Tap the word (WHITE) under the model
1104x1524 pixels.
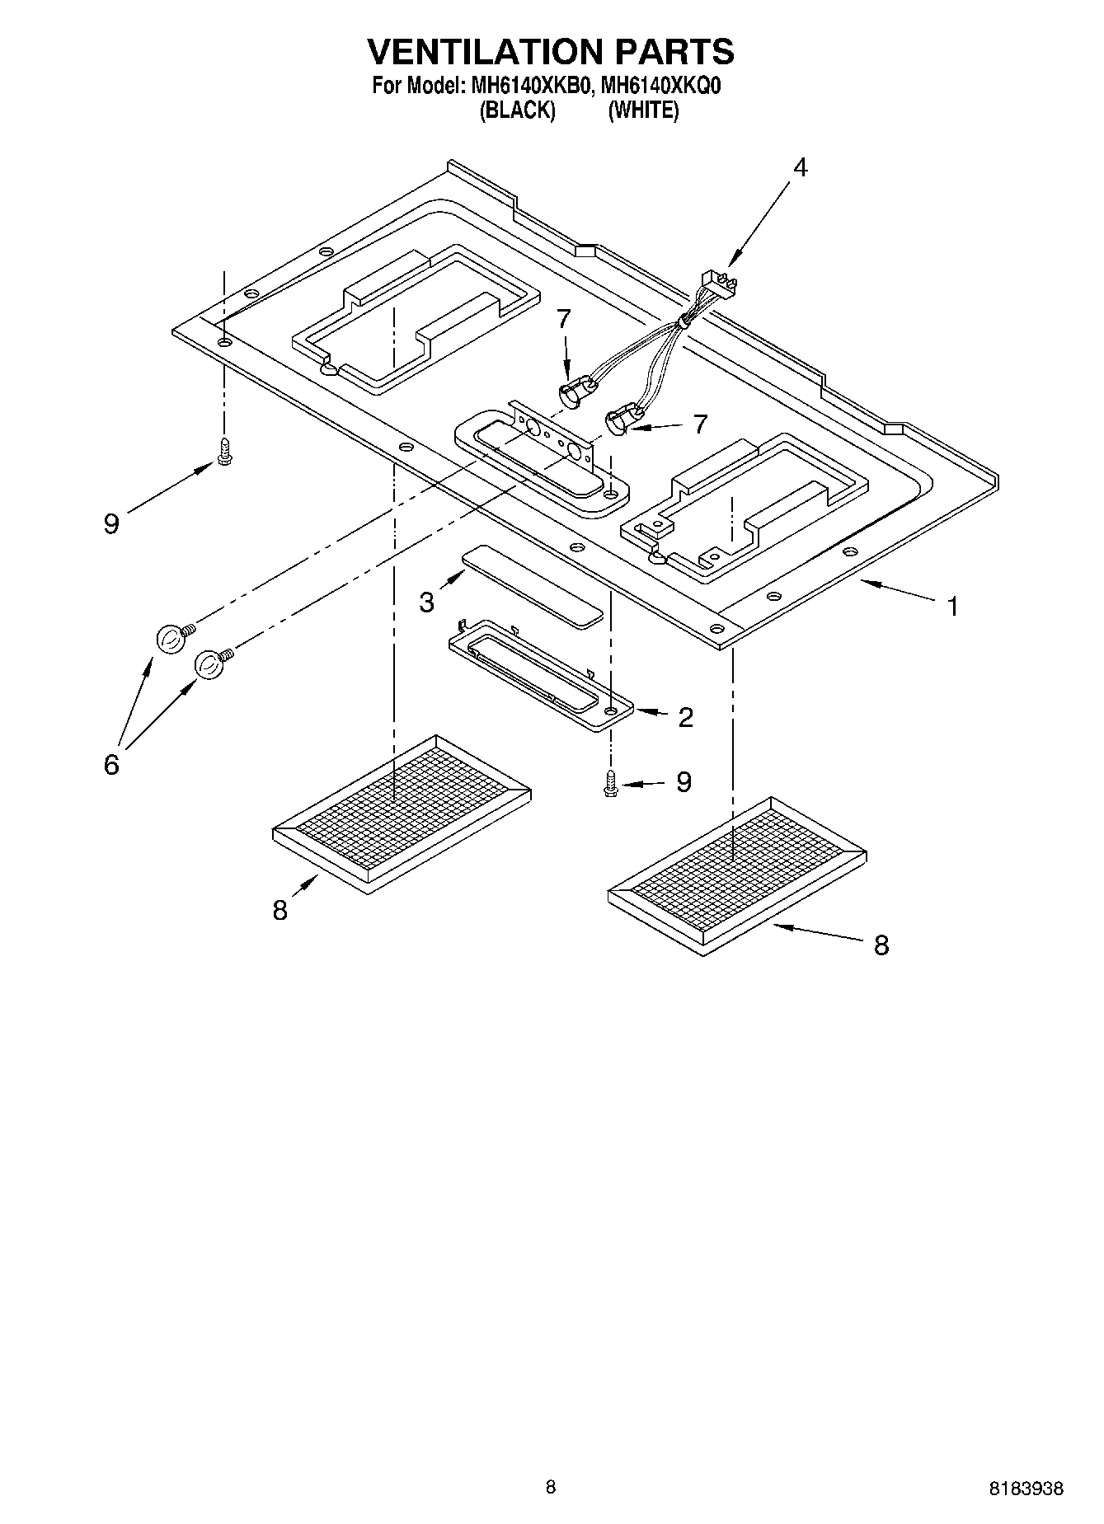(643, 110)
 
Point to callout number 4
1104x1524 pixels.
(800, 167)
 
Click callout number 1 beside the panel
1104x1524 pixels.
(953, 607)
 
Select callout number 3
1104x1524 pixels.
(426, 603)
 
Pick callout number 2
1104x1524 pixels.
(685, 718)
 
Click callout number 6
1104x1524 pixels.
(111, 764)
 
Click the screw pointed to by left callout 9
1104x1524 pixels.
(223, 451)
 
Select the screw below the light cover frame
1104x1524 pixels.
(610, 782)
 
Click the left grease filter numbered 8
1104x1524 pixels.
(401, 811)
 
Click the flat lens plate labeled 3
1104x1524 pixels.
(532, 584)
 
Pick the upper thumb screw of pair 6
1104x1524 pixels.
(171, 638)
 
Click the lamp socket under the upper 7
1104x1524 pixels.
(575, 392)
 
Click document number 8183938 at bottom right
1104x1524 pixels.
(1026, 1489)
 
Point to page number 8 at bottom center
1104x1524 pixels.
(551, 1487)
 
